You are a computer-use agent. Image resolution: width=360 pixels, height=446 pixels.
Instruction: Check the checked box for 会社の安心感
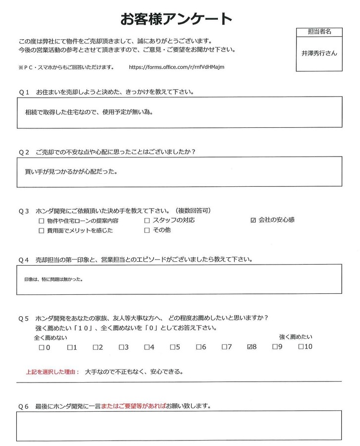click(254, 220)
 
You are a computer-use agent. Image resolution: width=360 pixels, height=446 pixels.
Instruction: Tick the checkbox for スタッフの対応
click(147, 220)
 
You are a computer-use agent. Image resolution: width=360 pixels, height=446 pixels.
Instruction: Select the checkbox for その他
click(147, 230)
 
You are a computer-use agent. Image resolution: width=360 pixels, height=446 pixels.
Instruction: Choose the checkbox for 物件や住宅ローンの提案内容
click(42, 221)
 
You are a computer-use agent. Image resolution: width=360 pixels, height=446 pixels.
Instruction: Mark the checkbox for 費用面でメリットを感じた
click(42, 231)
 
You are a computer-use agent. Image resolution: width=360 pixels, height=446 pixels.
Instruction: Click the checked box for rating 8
click(250, 347)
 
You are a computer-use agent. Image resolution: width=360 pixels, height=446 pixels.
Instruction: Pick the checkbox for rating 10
click(301, 347)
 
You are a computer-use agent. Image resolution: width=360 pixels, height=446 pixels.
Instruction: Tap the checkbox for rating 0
click(42, 347)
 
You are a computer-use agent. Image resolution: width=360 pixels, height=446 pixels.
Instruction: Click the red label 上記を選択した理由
click(52, 372)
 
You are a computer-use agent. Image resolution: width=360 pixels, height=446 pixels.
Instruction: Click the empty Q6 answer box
click(179, 426)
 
